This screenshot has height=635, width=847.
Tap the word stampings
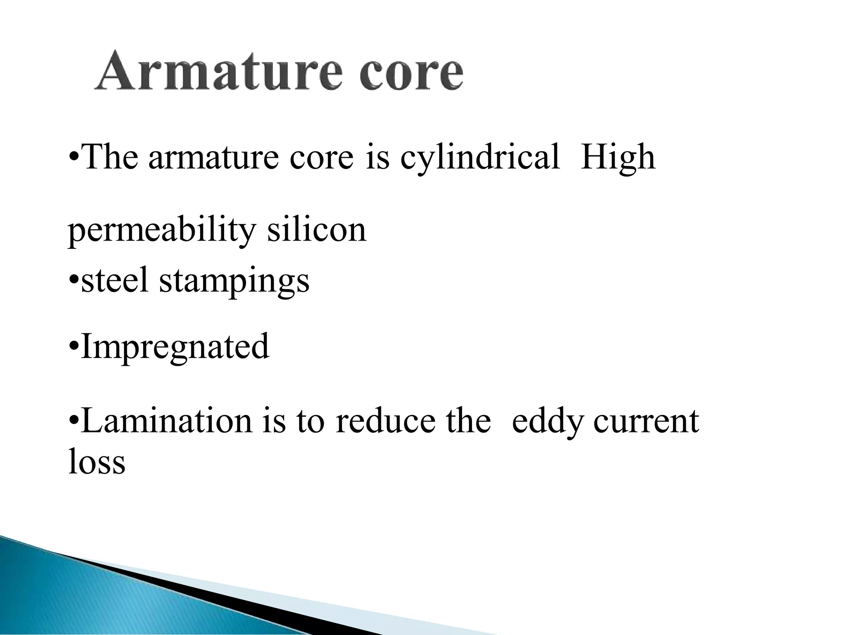coord(234,281)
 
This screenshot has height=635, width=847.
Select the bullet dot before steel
coord(73,281)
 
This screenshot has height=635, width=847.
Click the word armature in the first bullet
coord(213,158)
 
